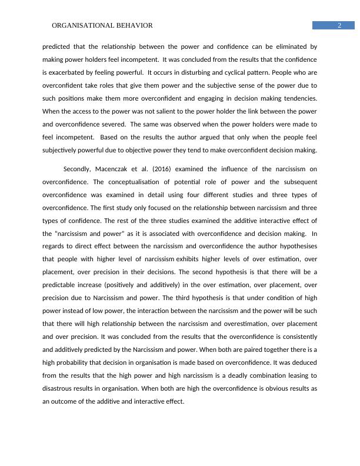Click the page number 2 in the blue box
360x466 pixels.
[339, 25]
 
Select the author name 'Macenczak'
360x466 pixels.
[119, 169]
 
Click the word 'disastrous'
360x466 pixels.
[58, 389]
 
